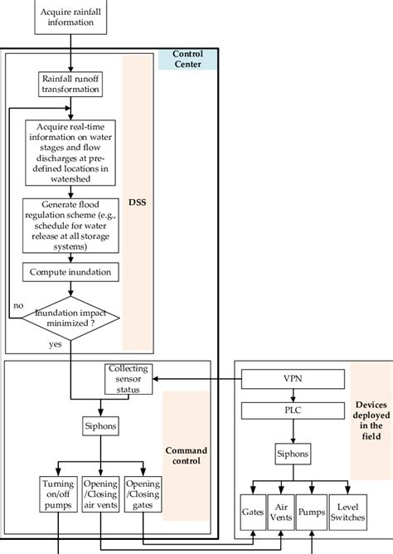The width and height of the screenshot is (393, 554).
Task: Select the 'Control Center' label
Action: (188, 59)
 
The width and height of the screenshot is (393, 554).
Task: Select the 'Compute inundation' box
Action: (70, 271)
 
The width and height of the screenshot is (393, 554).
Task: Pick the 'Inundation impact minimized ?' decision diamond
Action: (70, 318)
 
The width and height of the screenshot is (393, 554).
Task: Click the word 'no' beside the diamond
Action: (17, 306)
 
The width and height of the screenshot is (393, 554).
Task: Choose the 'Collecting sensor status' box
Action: (128, 378)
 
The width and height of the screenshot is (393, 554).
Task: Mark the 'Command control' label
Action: (187, 457)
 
